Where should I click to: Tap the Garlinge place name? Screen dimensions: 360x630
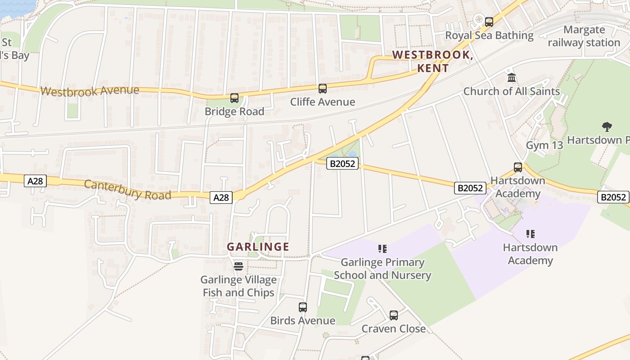(258, 247)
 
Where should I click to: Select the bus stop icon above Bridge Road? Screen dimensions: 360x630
(234, 98)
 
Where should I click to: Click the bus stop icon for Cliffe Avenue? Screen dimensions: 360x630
(323, 89)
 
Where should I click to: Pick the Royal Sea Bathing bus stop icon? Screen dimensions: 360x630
(489, 22)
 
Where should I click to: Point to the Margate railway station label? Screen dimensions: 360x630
(584, 36)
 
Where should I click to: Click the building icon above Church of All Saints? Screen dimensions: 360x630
(512, 78)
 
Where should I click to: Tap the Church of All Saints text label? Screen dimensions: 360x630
(512, 91)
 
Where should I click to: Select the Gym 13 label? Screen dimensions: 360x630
(544, 145)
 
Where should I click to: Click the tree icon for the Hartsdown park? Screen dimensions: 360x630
(607, 127)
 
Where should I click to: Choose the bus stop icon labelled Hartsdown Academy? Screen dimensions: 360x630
(518, 167)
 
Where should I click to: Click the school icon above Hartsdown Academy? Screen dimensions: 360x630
(531, 234)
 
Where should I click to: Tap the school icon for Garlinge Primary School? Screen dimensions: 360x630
(382, 249)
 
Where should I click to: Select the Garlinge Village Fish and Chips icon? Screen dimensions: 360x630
(238, 266)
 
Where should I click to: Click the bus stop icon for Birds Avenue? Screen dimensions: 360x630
(303, 307)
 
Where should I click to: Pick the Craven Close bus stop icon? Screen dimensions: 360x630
(394, 315)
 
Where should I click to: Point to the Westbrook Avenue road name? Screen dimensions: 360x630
(90, 91)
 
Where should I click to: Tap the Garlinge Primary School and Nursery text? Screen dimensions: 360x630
(382, 269)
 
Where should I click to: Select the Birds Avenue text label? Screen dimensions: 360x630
(303, 321)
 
